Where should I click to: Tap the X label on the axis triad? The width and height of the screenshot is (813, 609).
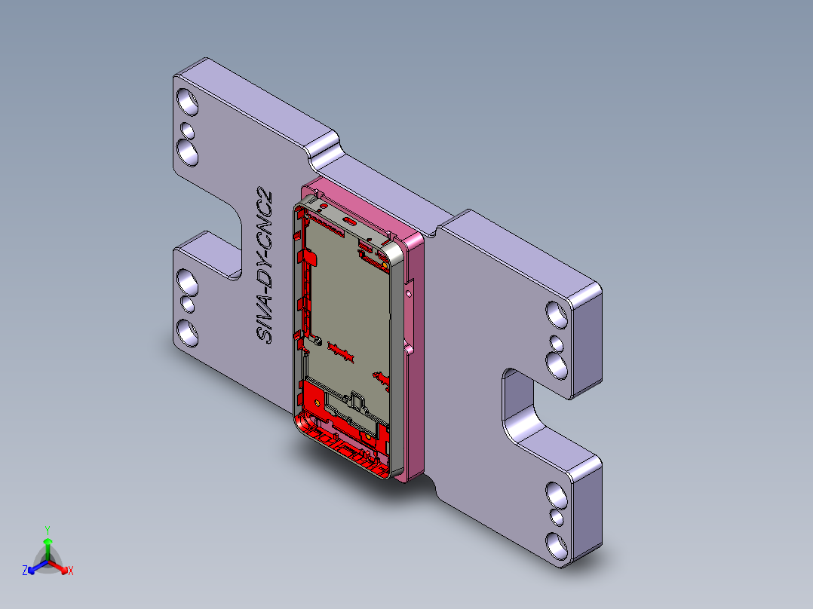point(71,571)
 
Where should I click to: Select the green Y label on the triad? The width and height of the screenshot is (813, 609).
point(47,529)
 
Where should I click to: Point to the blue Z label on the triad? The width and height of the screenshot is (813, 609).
point(25,571)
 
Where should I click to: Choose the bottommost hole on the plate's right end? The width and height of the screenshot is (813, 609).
point(556,544)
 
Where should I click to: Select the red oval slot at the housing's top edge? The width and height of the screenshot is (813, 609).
point(350,222)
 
